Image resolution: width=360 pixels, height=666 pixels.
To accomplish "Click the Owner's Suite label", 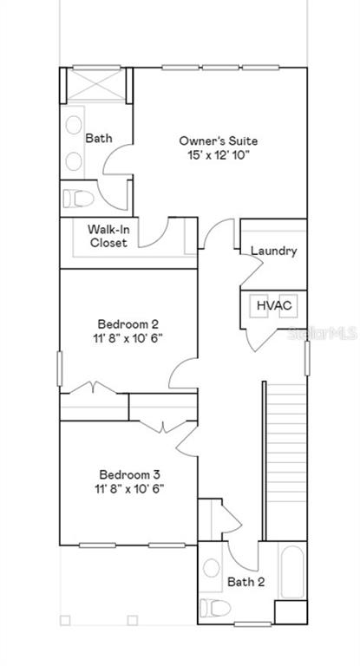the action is click(x=218, y=140).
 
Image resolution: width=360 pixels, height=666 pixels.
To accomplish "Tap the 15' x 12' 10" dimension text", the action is click(x=218, y=155).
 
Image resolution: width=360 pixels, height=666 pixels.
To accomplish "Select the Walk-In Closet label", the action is click(x=108, y=236).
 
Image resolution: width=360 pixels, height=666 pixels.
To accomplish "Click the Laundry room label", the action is click(x=274, y=251).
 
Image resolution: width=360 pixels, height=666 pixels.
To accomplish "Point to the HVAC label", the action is click(x=274, y=304).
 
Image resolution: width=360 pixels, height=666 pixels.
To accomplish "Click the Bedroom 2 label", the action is click(x=128, y=324).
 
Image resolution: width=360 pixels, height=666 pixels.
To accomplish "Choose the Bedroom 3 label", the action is click(x=129, y=474).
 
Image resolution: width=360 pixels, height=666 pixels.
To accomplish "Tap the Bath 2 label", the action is click(x=246, y=582).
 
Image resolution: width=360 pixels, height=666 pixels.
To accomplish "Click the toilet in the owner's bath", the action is click(x=78, y=199).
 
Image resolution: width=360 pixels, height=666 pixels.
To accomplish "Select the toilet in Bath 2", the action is click(x=215, y=607).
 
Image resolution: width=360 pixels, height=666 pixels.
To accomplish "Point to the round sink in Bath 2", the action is click(x=212, y=568).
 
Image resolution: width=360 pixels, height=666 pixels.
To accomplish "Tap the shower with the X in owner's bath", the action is click(x=97, y=84).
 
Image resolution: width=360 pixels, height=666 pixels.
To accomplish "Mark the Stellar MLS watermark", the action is click(x=322, y=333).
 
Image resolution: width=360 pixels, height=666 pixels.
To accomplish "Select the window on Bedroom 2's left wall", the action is click(x=60, y=369).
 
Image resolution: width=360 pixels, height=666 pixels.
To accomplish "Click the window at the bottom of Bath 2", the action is click(x=252, y=624).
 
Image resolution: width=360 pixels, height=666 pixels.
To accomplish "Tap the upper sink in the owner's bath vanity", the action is click(x=74, y=125).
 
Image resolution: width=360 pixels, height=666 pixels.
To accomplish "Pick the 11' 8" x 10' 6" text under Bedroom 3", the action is click(x=129, y=488).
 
